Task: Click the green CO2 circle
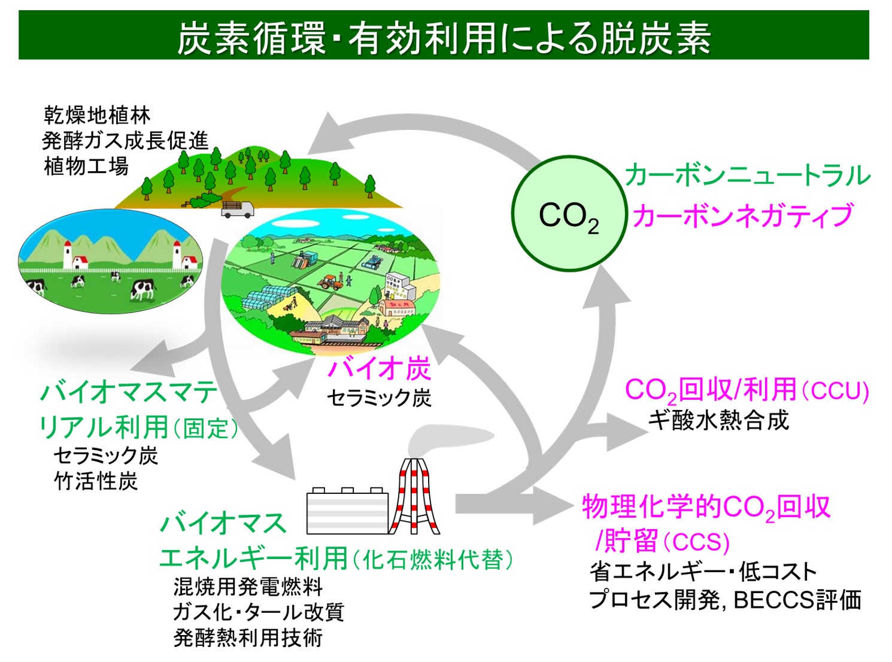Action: pyautogui.click(x=569, y=214)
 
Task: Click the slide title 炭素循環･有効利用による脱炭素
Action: pyautogui.click(x=444, y=37)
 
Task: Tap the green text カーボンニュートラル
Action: pyautogui.click(x=747, y=175)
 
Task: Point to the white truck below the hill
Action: pyautogui.click(x=238, y=209)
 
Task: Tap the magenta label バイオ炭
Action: pyautogui.click(x=379, y=368)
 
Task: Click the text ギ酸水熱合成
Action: pyautogui.click(x=718, y=420)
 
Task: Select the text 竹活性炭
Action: pyautogui.click(x=96, y=481)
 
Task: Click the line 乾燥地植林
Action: pyautogui.click(x=97, y=114)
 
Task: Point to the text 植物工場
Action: pyautogui.click(x=86, y=166)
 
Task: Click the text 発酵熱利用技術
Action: pyautogui.click(x=248, y=637)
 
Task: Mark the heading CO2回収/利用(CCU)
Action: pyautogui.click(x=746, y=391)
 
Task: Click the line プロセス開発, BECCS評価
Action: pyautogui.click(x=725, y=599)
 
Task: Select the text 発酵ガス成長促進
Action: pyautogui.click(x=125, y=140)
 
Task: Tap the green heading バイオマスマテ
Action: pyautogui.click(x=129, y=393)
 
